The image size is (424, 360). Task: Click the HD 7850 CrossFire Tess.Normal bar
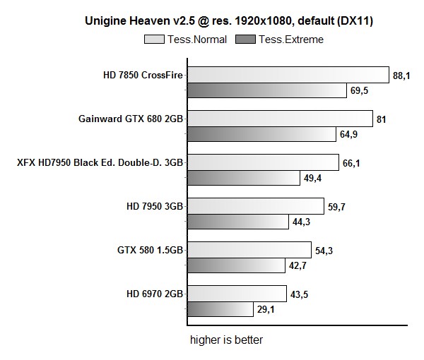click(x=288, y=76)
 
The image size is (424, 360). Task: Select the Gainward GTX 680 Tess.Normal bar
click(x=279, y=119)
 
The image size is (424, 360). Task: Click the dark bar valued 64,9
click(x=261, y=134)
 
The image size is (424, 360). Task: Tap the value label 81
click(x=381, y=119)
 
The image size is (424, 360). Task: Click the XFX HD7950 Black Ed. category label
click(x=100, y=162)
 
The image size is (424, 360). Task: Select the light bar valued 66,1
click(x=262, y=163)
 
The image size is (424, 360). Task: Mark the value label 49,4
click(x=313, y=178)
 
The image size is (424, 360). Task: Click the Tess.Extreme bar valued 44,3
click(x=238, y=222)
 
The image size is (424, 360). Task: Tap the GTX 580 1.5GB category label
click(x=150, y=250)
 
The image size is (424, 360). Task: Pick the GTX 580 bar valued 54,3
click(x=249, y=250)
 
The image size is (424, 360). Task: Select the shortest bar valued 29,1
click(x=220, y=309)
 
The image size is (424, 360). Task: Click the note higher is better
click(x=226, y=340)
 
